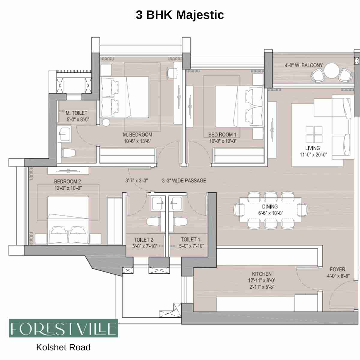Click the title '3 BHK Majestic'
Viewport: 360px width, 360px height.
[180, 15]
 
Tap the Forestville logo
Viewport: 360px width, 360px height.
[63, 328]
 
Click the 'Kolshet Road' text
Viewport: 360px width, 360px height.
[63, 347]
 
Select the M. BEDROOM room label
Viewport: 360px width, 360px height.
[137, 135]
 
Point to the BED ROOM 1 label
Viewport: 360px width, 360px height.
[222, 135]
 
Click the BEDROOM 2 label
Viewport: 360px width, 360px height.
[67, 181]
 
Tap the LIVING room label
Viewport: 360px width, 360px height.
[313, 148]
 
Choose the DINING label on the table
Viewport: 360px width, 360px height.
[270, 206]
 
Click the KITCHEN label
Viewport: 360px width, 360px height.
[262, 274]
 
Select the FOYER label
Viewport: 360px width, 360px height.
[337, 269]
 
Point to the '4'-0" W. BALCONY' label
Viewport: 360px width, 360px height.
[304, 65]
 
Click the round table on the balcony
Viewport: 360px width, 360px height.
[331, 71]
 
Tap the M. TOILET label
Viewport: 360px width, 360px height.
[76, 113]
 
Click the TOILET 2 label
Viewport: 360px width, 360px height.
[143, 240]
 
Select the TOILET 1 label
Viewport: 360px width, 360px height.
[190, 239]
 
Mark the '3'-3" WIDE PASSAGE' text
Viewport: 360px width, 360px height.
[184, 181]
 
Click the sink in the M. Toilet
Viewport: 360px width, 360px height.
[65, 134]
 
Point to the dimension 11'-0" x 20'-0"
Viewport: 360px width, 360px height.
[313, 155]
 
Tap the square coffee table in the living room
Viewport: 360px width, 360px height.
[314, 134]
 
